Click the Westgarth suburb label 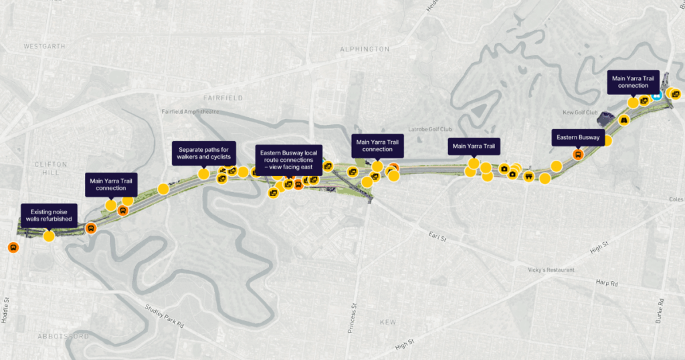coord(44,47)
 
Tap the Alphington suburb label coord(364,50)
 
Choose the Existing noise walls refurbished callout coord(50,214)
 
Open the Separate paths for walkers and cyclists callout coord(203,153)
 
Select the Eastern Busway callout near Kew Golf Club coord(578,138)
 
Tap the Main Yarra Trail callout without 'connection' coord(474,146)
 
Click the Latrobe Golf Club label coord(430,129)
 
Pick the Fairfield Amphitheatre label coord(190,112)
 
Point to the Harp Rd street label coord(606,283)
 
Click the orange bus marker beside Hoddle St coord(13,248)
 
